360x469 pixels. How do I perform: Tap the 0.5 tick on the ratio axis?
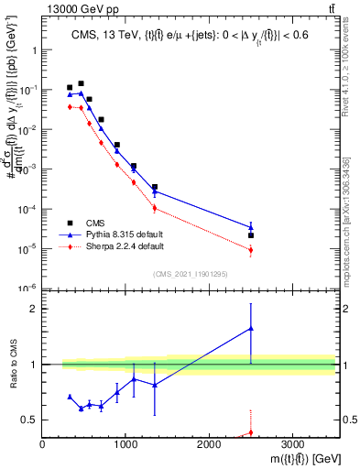click(x=30, y=420)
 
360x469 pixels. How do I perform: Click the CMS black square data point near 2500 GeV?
click(x=251, y=235)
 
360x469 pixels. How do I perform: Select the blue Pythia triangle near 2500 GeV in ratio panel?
click(x=251, y=328)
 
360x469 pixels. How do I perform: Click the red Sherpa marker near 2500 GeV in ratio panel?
click(x=251, y=432)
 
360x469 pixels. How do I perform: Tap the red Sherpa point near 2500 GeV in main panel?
click(x=251, y=250)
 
